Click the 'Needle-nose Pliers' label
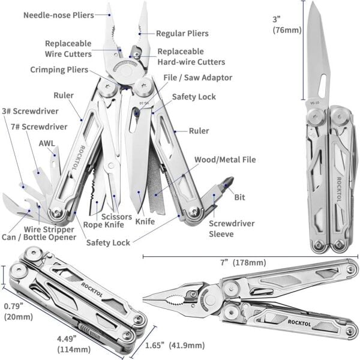click(59, 16)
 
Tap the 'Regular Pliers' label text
click(182, 34)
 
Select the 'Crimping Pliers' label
click(59, 70)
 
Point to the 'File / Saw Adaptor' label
click(197, 77)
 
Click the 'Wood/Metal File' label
click(225, 160)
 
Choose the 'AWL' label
click(47, 143)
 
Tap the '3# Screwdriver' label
click(31, 111)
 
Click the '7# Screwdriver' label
click(39, 127)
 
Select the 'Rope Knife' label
click(104, 225)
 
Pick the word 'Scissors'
click(116, 217)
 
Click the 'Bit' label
click(239, 197)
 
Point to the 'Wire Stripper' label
click(49, 229)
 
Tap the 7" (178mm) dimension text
click(243, 262)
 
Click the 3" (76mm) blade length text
click(287, 25)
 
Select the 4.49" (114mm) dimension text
click(74, 344)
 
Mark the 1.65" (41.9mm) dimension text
click(175, 346)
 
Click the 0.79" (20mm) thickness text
click(19, 311)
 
